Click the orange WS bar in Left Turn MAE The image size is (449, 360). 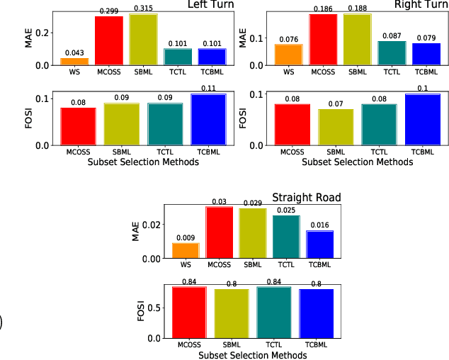pos(74,61)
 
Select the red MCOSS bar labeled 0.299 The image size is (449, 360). pos(109,40)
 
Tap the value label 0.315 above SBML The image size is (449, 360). pos(143,9)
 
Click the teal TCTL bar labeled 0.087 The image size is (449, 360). pos(392,53)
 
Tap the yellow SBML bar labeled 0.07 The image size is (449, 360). pos(336,127)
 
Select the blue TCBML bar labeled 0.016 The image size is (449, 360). pos(319,244)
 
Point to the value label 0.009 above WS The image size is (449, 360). pos(186,237)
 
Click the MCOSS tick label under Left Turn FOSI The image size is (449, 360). pos(78,151)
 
